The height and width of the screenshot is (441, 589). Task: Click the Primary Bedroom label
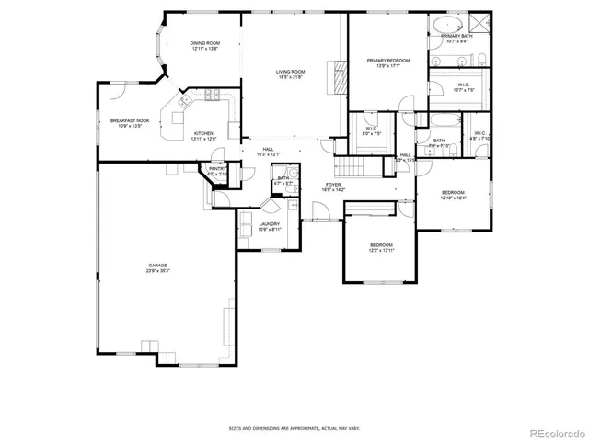point(387,61)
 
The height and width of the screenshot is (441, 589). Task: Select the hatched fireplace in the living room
point(341,77)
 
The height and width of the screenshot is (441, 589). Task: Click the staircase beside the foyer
point(348,167)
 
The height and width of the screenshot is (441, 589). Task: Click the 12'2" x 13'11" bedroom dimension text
point(381,250)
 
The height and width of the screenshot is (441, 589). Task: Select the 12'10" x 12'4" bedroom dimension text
point(453,198)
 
